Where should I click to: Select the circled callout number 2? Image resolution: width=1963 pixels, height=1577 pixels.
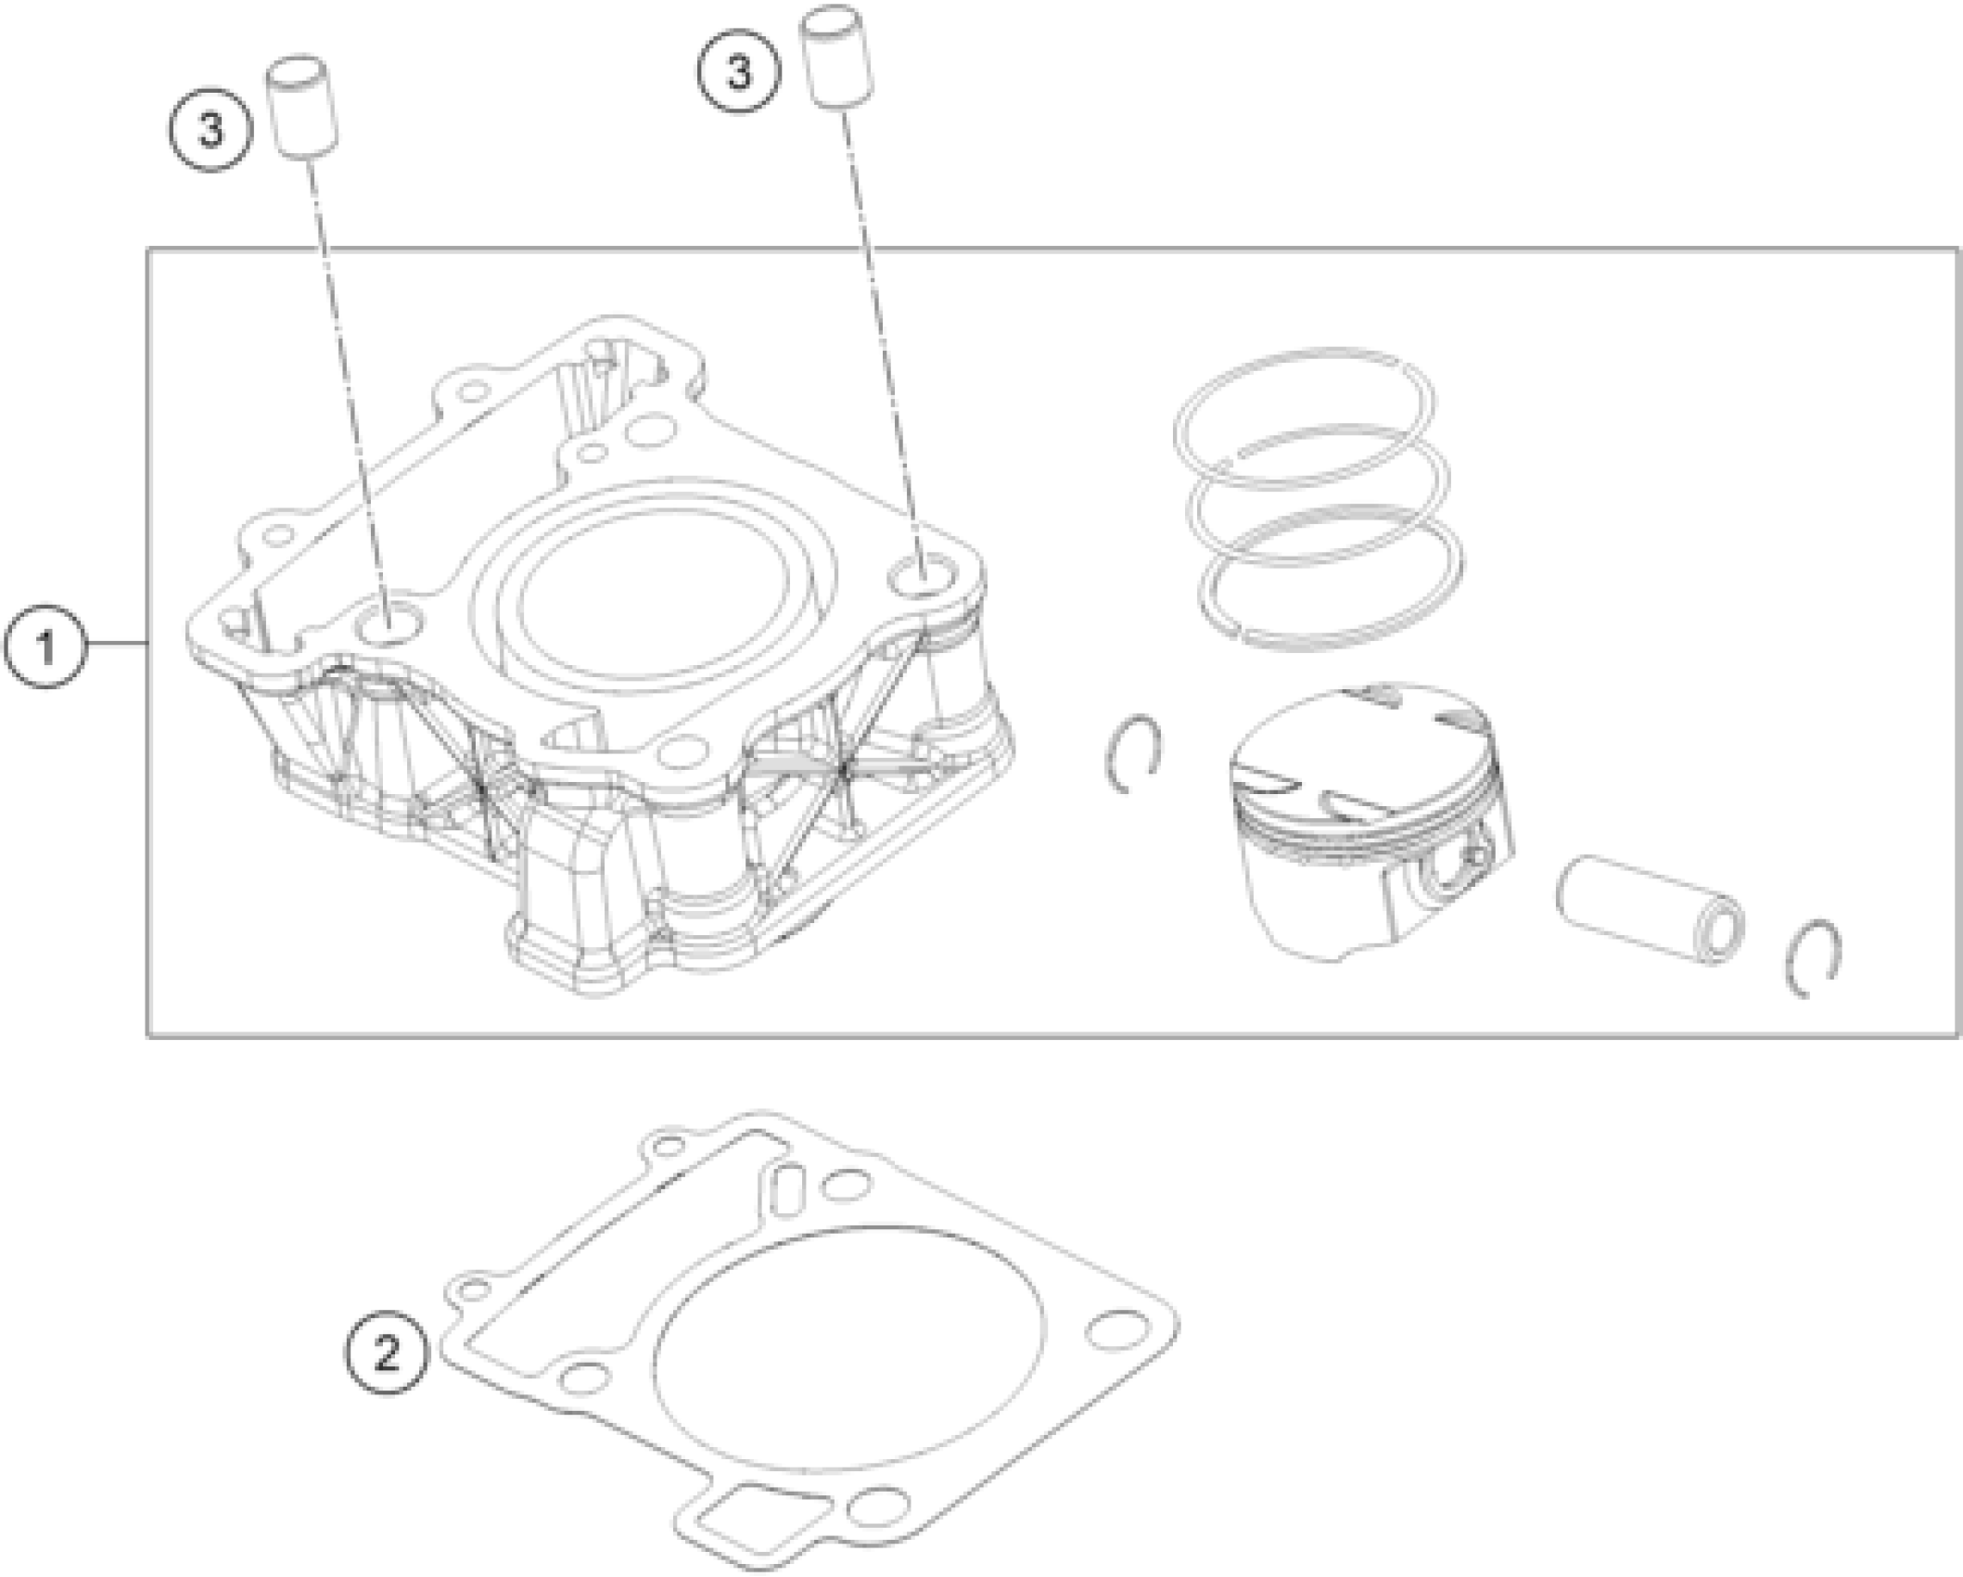[x=387, y=1353]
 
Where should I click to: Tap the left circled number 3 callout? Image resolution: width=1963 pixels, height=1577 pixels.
[x=211, y=130]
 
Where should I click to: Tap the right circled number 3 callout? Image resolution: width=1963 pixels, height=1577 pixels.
[x=739, y=71]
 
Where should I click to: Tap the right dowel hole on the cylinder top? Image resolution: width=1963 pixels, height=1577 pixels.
[x=924, y=576]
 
